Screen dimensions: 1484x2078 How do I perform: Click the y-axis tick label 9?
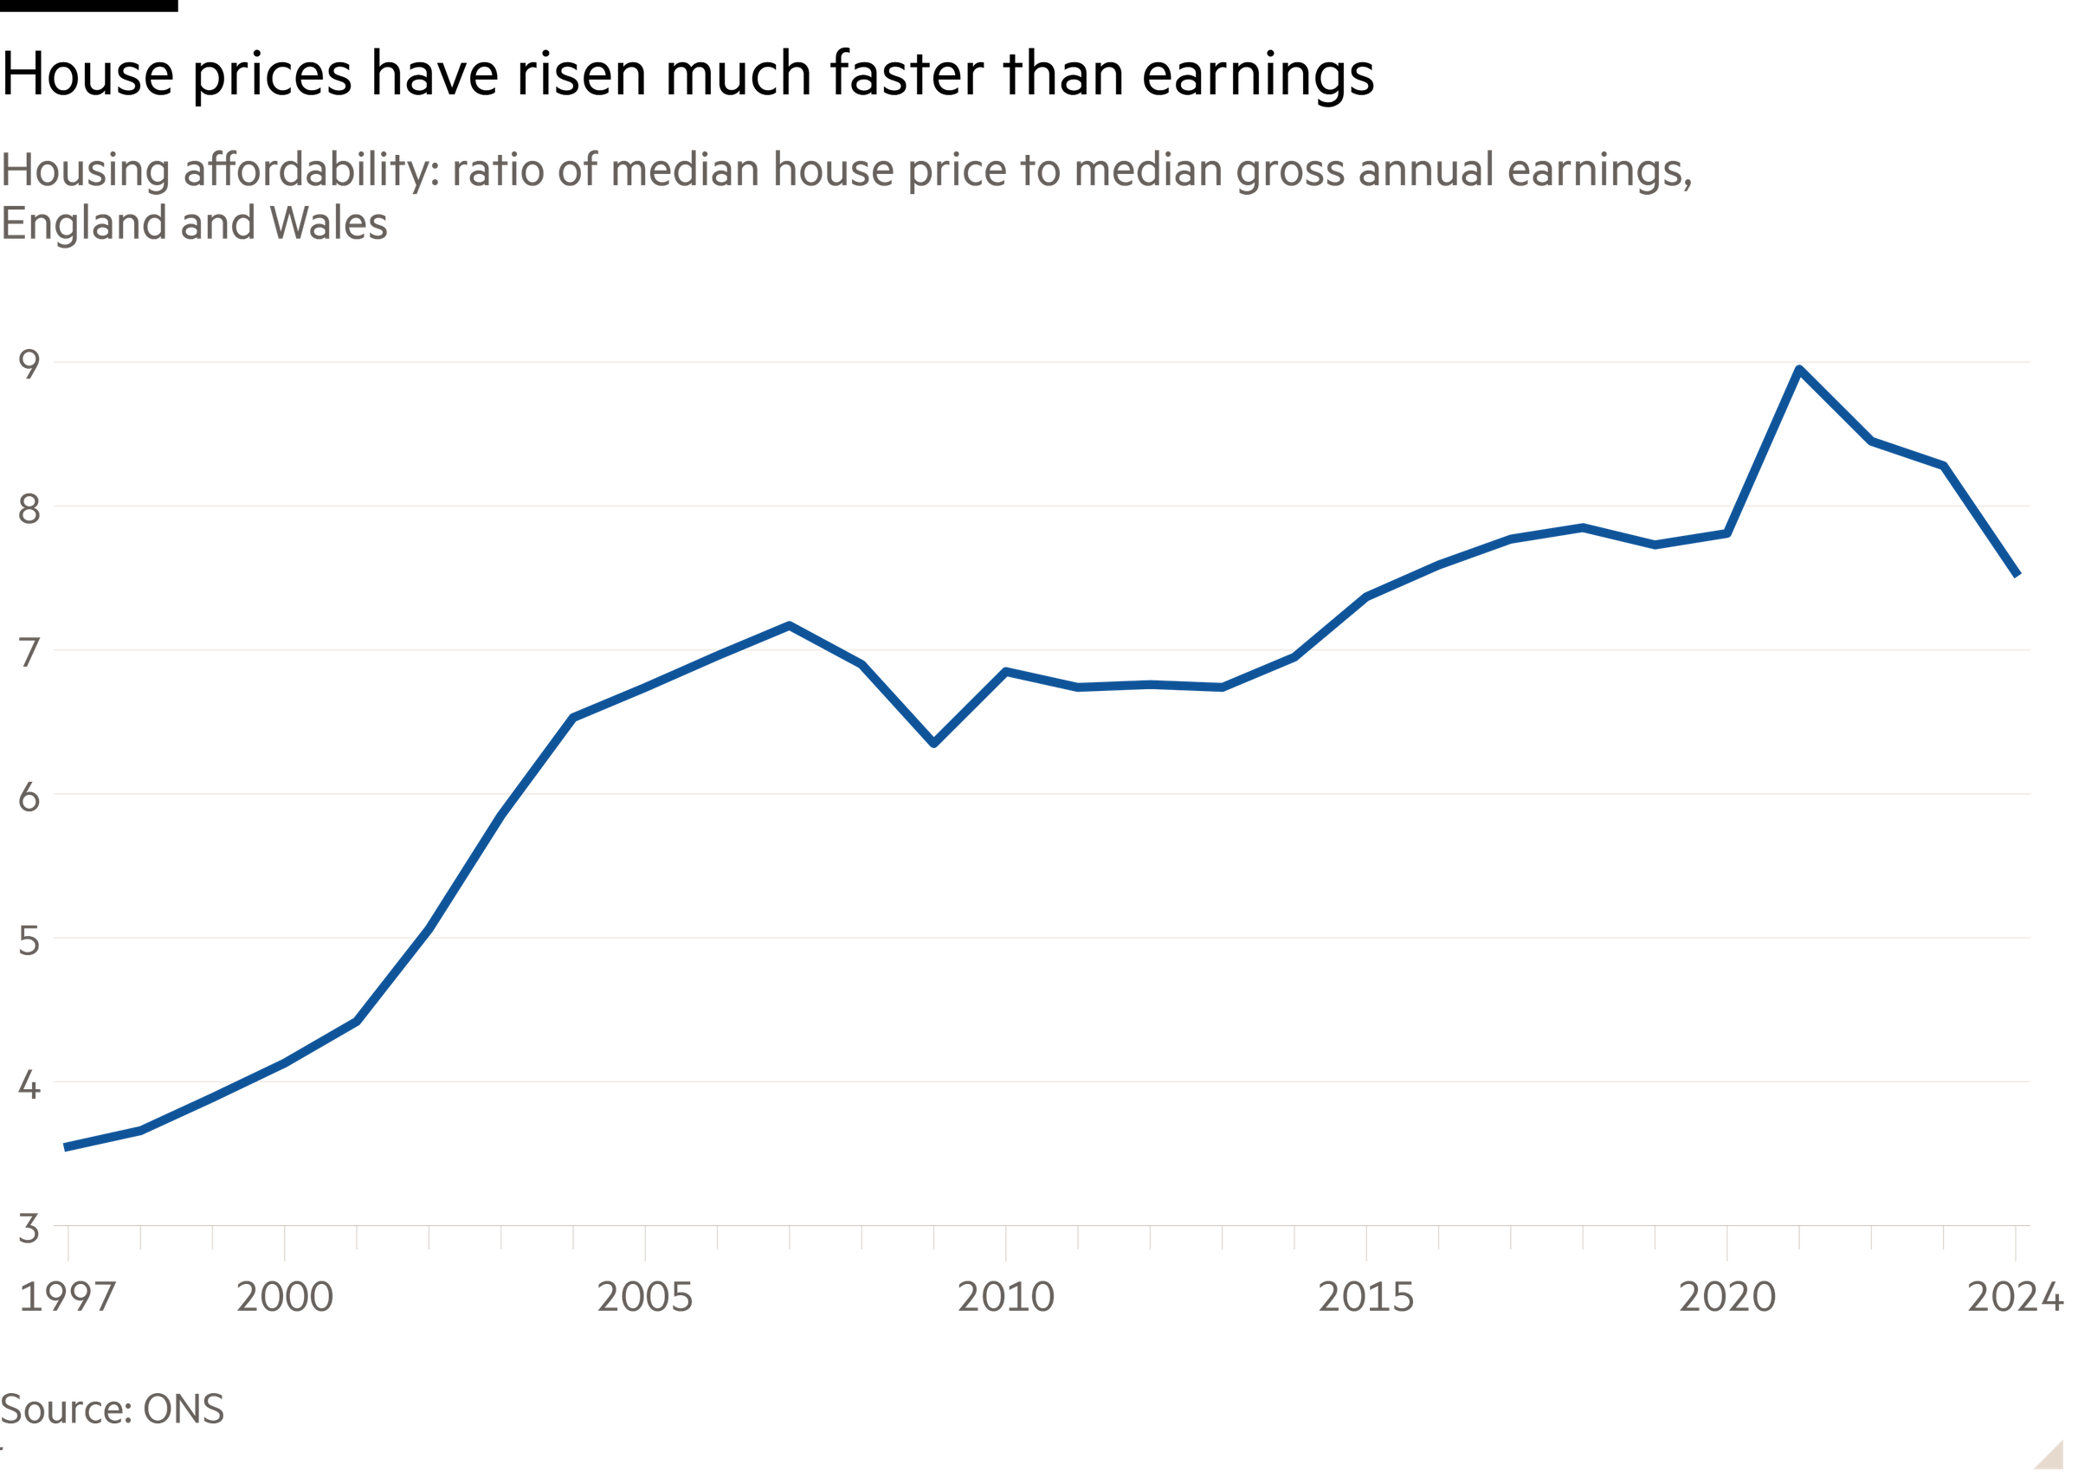point(29,364)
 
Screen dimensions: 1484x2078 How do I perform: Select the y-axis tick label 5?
point(29,940)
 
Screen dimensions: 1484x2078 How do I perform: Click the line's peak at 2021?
point(1798,369)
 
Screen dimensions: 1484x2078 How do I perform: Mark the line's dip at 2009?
point(933,742)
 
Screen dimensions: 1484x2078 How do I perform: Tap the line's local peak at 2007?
point(789,625)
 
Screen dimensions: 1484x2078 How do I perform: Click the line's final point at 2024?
point(2017,574)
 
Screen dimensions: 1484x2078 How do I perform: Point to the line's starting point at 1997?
point(66,1147)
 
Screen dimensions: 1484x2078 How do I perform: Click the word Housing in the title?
point(85,171)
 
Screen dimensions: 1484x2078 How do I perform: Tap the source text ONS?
point(184,1409)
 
